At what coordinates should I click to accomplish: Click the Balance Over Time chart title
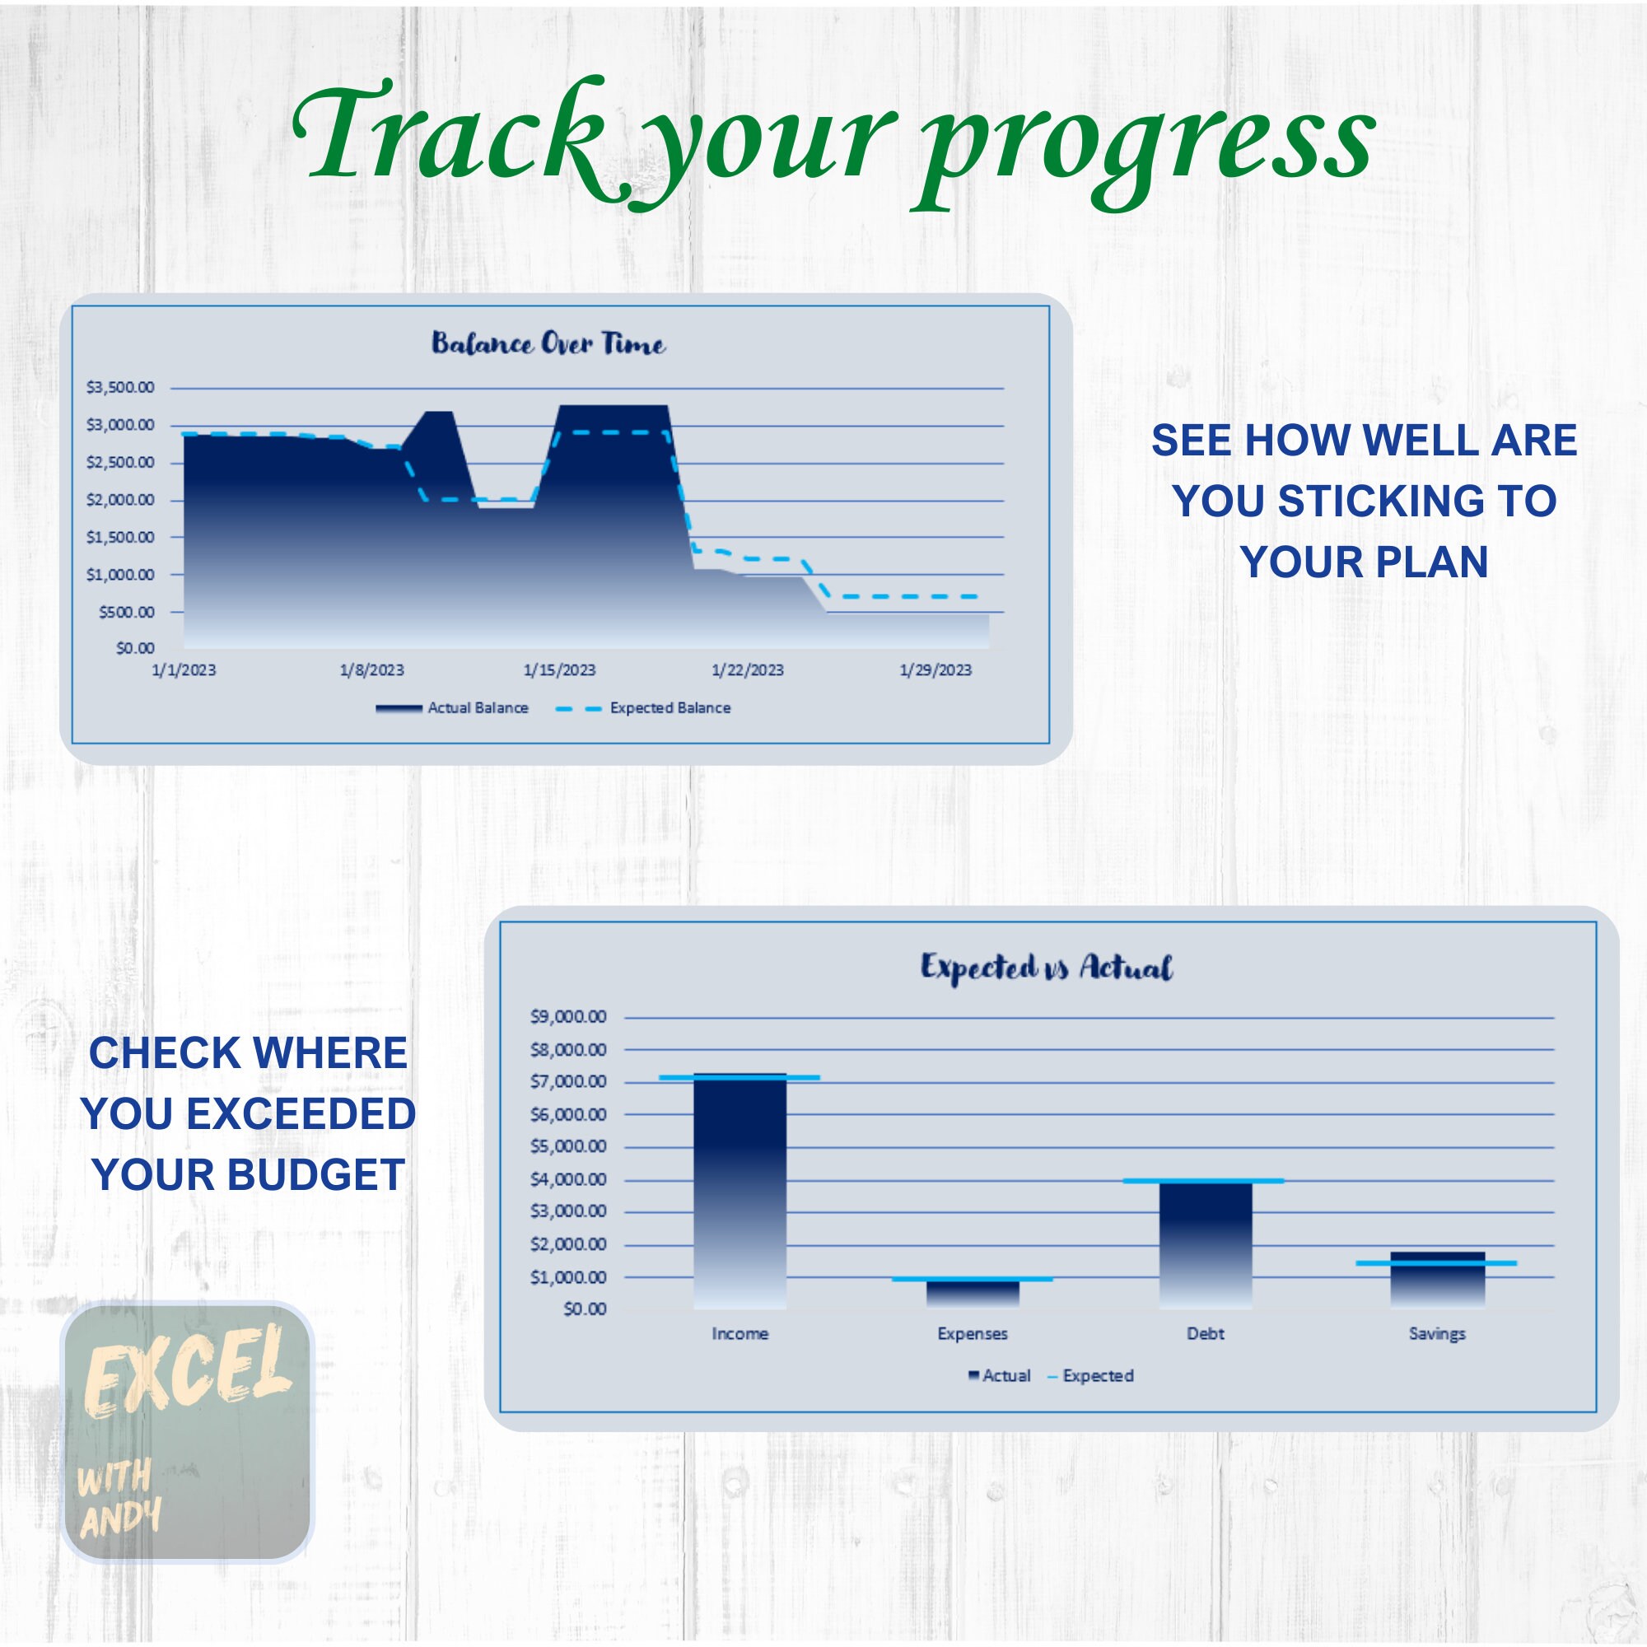click(548, 343)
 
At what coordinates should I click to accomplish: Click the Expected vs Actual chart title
click(1046, 968)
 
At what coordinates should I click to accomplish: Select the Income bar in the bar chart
click(740, 1193)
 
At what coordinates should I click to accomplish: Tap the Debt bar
click(1206, 1244)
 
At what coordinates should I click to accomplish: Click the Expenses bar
click(973, 1293)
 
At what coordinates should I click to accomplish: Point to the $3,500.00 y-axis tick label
click(120, 388)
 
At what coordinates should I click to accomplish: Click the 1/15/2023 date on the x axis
click(559, 670)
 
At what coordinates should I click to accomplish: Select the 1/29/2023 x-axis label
click(935, 670)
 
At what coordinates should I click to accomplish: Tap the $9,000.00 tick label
click(567, 1017)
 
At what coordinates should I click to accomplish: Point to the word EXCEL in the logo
click(188, 1373)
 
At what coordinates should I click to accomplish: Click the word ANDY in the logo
click(120, 1519)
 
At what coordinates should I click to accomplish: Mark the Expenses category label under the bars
click(973, 1334)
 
